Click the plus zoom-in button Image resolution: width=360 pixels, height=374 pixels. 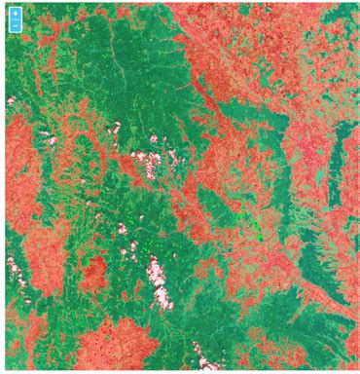pyautogui.click(x=15, y=15)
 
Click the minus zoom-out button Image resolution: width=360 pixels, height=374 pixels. pyautogui.click(x=15, y=26)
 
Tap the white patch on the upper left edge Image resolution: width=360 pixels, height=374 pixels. pyautogui.click(x=11, y=100)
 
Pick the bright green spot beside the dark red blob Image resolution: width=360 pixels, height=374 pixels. pyautogui.click(x=87, y=261)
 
